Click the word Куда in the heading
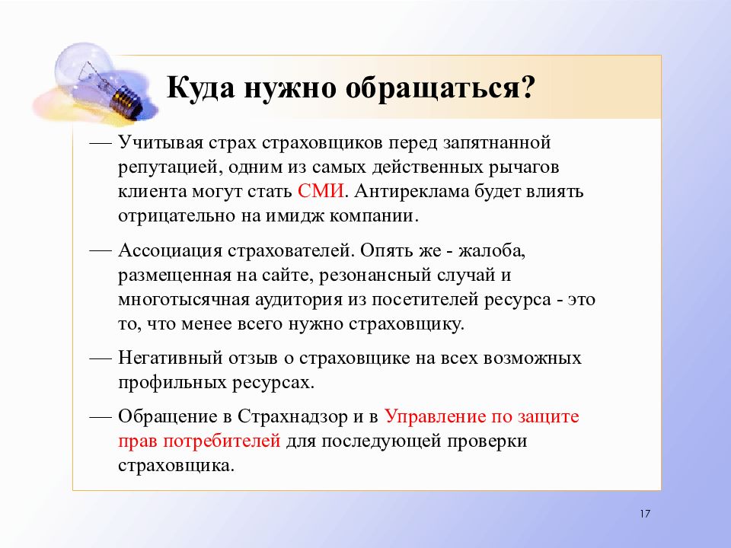(x=200, y=88)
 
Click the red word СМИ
(x=321, y=191)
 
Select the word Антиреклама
(x=412, y=192)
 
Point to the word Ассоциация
(x=170, y=251)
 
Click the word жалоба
(x=492, y=251)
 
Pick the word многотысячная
(x=184, y=300)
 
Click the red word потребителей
(x=222, y=441)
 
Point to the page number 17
(x=645, y=514)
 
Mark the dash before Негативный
(x=101, y=359)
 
